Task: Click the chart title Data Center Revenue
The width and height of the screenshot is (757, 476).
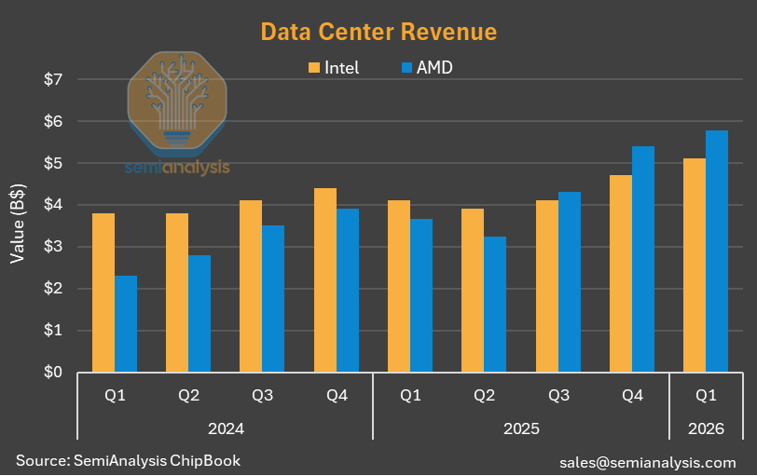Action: point(378,32)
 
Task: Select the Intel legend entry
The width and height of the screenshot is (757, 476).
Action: point(334,67)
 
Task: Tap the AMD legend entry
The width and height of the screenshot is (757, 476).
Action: point(427,67)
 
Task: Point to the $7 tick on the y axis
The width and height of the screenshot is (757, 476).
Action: point(53,79)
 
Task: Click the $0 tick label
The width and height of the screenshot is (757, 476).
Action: point(53,372)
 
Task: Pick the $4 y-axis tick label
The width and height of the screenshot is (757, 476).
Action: point(53,205)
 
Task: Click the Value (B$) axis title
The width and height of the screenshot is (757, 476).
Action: point(18,224)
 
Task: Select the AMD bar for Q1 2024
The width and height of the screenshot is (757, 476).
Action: point(126,323)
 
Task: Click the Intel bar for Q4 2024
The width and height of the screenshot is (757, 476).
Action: point(325,279)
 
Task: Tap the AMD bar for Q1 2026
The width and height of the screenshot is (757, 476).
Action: point(717,252)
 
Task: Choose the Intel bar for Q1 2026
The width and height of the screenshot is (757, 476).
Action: point(695,265)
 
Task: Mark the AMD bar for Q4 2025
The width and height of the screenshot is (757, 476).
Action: point(643,259)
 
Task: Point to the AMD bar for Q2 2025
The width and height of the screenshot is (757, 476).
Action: point(495,305)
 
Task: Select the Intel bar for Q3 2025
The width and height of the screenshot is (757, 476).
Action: point(547,286)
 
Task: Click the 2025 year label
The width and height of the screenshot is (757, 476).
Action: point(521,428)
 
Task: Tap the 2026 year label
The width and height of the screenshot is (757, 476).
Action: point(706,428)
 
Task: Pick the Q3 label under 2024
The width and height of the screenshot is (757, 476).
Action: point(263,396)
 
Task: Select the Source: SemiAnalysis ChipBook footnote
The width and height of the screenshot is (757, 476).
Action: point(129,460)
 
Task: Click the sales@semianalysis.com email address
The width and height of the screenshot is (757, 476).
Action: point(648,463)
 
